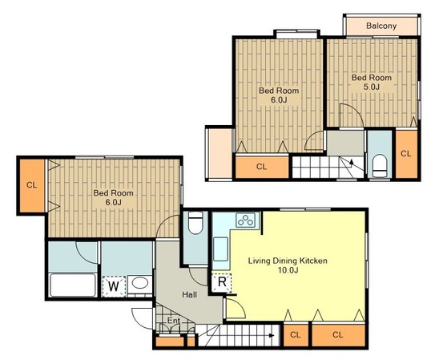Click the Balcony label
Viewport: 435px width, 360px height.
[381, 26]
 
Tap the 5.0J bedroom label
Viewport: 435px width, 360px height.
[372, 82]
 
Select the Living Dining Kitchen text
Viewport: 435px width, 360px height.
[288, 261]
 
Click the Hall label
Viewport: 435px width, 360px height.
[190, 294]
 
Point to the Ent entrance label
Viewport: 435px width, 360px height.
[173, 321]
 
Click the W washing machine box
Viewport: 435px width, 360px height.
[114, 286]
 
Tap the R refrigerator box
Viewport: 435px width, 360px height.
[222, 282]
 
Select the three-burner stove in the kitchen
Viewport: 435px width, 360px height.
[246, 220]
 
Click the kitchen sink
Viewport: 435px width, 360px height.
[221, 249]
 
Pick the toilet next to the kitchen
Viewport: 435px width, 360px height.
[195, 223]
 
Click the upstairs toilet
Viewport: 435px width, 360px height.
[380, 165]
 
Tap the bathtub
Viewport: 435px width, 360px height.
[73, 285]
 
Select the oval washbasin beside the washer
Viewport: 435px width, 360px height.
[140, 283]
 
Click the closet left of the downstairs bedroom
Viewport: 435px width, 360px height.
[32, 185]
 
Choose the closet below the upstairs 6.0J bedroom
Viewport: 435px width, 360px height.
[262, 167]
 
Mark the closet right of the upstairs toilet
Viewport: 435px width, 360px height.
[406, 154]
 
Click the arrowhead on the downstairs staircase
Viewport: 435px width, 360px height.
[272, 335]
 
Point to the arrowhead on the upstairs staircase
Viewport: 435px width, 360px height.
[352, 161]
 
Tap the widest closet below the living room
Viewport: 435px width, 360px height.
[338, 335]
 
